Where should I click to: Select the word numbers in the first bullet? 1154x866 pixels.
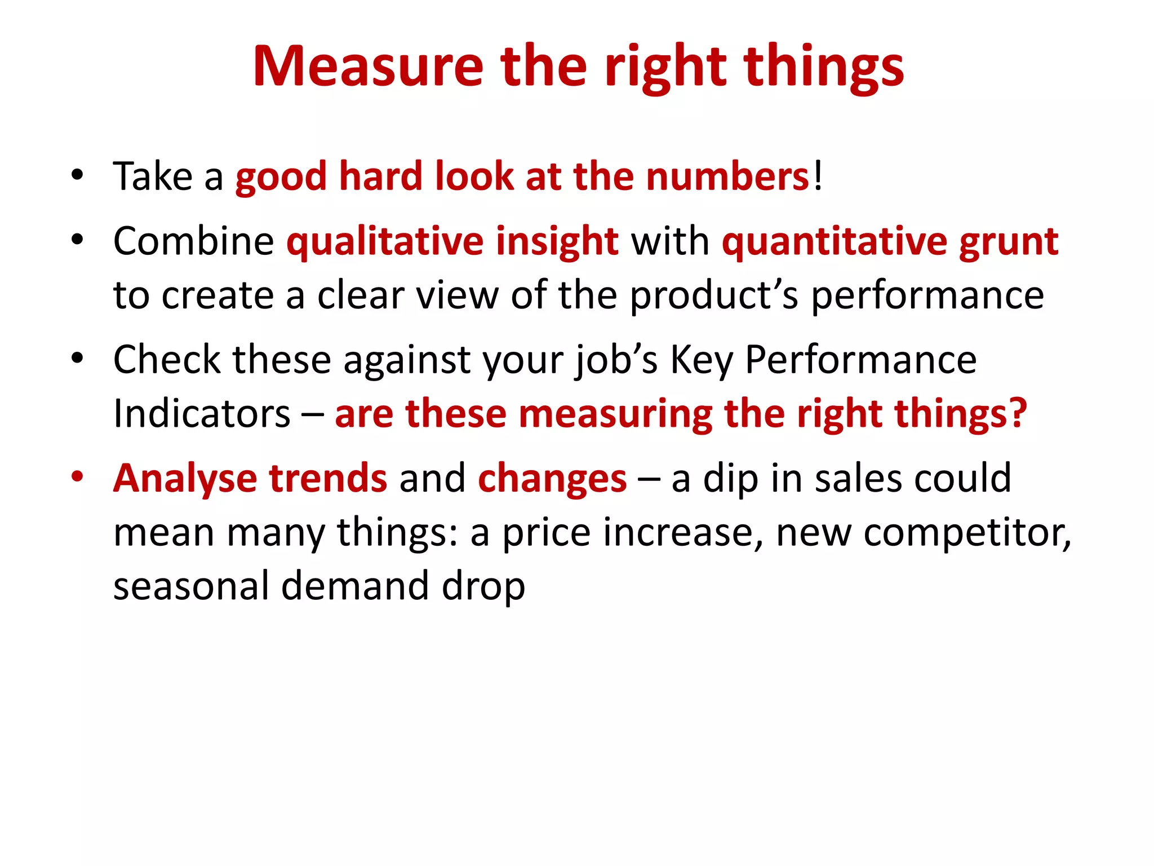(x=727, y=176)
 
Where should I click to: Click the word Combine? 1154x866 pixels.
(x=193, y=241)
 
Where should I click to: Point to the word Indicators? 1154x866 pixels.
(x=202, y=414)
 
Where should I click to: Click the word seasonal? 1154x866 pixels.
(x=191, y=585)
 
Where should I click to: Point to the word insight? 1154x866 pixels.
(x=557, y=241)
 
